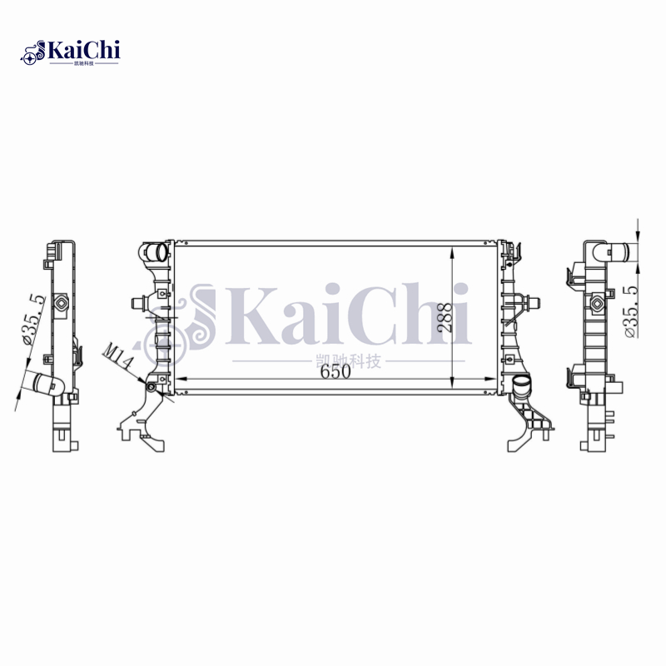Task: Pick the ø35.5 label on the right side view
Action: coord(630,310)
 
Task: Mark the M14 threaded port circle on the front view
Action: coord(152,385)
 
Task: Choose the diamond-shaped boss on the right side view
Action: coord(597,304)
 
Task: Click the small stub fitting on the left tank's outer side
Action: coord(137,302)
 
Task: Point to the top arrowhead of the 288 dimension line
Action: coord(450,251)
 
